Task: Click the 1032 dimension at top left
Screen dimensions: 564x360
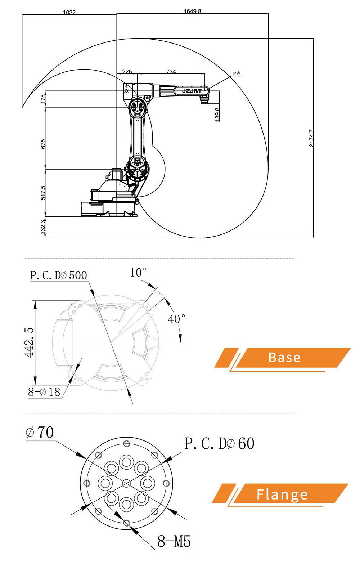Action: pyautogui.click(x=69, y=12)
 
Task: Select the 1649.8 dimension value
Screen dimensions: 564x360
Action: pyautogui.click(x=192, y=11)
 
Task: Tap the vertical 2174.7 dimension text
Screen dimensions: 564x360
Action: pyautogui.click(x=311, y=138)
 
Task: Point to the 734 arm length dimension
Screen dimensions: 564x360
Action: pyautogui.click(x=171, y=71)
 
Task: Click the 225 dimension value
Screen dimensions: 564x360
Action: pyautogui.click(x=127, y=71)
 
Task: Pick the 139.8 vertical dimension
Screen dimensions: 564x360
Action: pyautogui.click(x=217, y=114)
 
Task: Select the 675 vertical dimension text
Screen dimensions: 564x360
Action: pyautogui.click(x=43, y=144)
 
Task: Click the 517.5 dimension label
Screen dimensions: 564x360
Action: pyautogui.click(x=43, y=193)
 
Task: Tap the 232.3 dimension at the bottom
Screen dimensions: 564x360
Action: pyautogui.click(x=43, y=228)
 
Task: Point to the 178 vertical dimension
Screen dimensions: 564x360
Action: pyautogui.click(x=43, y=99)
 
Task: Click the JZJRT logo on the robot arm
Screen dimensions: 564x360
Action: pyautogui.click(x=192, y=91)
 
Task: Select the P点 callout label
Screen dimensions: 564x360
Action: pyautogui.click(x=237, y=73)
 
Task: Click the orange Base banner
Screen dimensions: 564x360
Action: pyautogui.click(x=284, y=358)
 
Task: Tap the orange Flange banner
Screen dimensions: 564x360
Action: pyautogui.click(x=282, y=494)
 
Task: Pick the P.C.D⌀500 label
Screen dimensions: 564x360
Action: pyautogui.click(x=58, y=276)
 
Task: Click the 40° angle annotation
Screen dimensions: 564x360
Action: pyautogui.click(x=176, y=319)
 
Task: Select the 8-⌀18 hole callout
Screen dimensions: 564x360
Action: pyautogui.click(x=44, y=392)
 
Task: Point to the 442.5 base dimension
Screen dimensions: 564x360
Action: pyautogui.click(x=29, y=343)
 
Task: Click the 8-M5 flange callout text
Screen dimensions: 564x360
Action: pyautogui.click(x=174, y=541)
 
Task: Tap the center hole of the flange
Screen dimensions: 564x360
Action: pyautogui.click(x=126, y=483)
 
